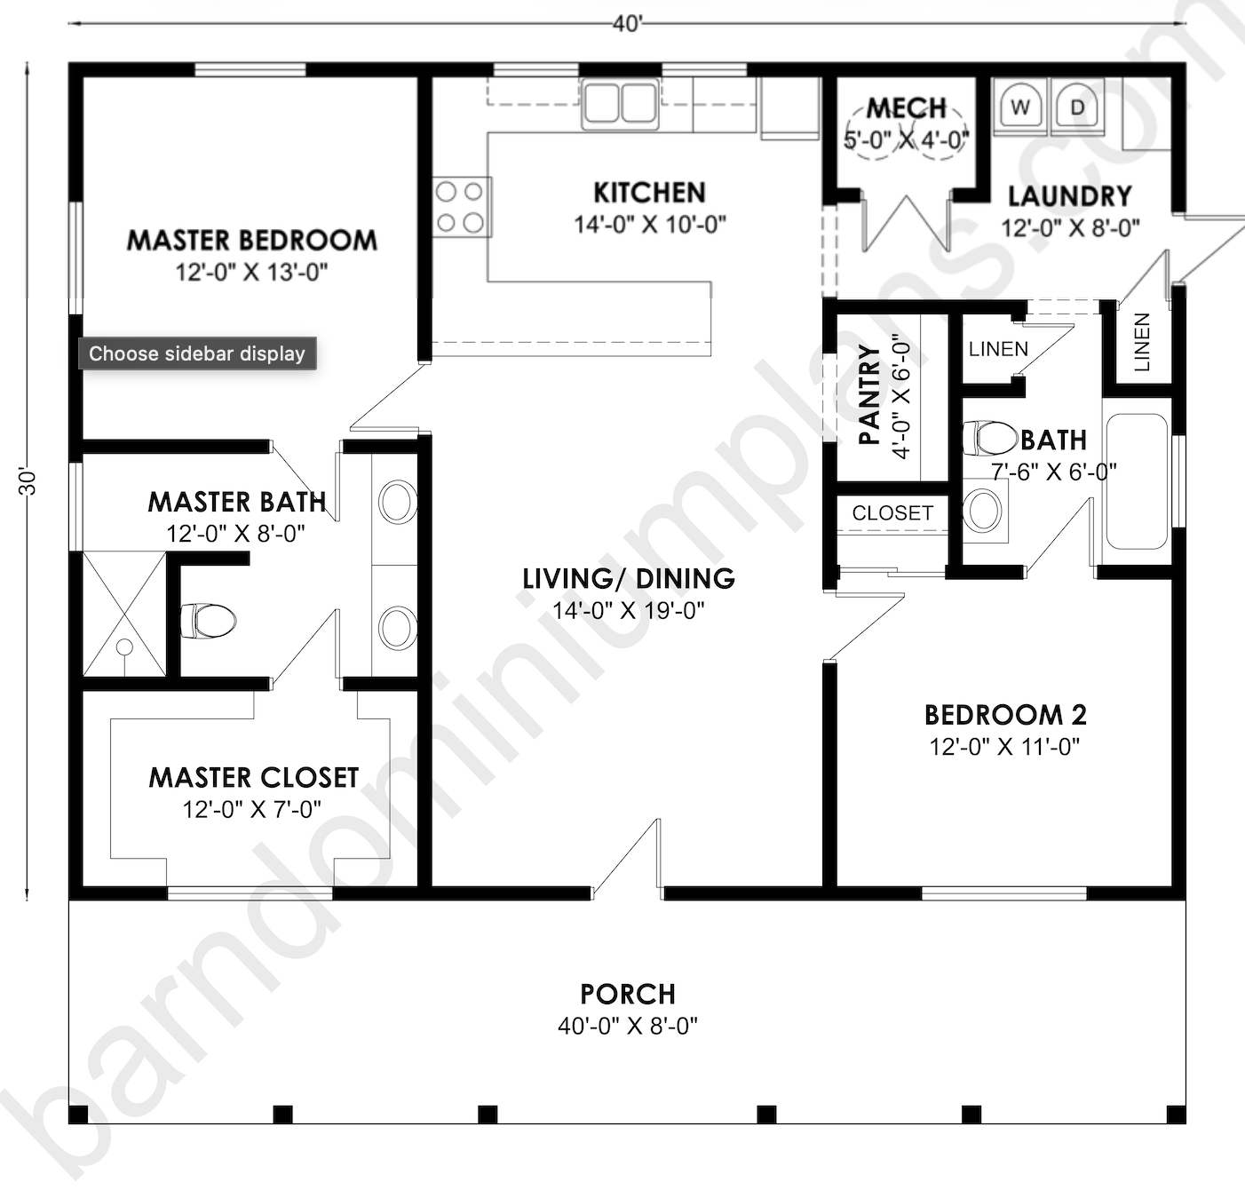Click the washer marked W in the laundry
[1020, 108]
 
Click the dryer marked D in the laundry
[1077, 108]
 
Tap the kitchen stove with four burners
[461, 207]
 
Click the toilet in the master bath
[208, 621]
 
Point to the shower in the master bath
[124, 614]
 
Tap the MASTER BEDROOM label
[251, 240]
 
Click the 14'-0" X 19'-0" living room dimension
[628, 611]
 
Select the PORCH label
[628, 994]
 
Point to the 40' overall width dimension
[627, 24]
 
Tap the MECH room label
[906, 108]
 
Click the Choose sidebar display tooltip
[197, 353]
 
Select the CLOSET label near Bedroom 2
[892, 513]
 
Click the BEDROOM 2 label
[1005, 715]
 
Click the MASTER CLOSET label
[253, 778]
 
